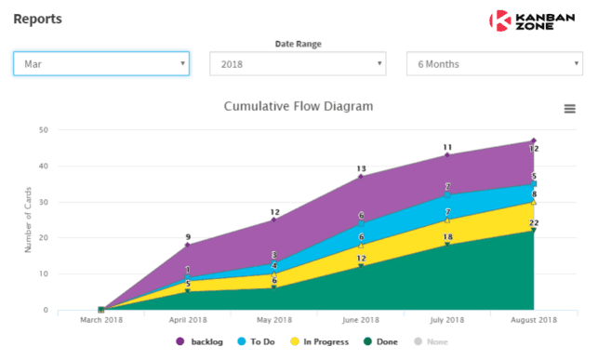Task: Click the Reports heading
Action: coord(38,18)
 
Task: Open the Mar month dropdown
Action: coord(100,64)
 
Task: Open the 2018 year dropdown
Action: coord(298,64)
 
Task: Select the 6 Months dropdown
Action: coord(495,64)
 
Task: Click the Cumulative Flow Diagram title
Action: coord(299,106)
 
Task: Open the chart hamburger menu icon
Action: coord(569,109)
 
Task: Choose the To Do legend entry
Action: coord(259,342)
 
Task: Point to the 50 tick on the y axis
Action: coord(44,130)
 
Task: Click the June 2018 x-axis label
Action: coord(360,321)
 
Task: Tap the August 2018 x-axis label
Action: coord(533,321)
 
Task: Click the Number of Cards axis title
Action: coord(28,220)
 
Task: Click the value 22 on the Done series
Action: coord(534,222)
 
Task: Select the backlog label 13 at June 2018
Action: coord(361,168)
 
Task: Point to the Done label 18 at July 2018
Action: coord(447,237)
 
